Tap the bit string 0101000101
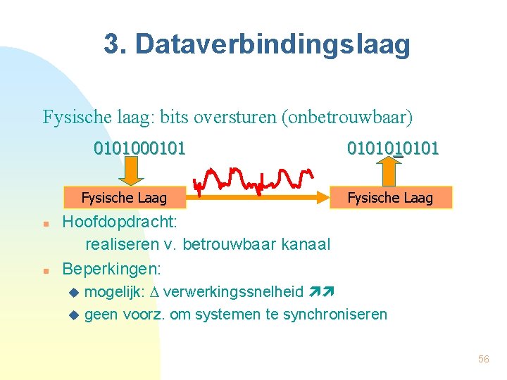(140, 148)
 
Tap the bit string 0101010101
(393, 148)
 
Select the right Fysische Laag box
(391, 198)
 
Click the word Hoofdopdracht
(120, 223)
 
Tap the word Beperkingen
(111, 269)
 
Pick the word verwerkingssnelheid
(232, 292)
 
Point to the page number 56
(483, 359)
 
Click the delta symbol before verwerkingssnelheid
(154, 292)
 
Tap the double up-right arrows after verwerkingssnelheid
(320, 291)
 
